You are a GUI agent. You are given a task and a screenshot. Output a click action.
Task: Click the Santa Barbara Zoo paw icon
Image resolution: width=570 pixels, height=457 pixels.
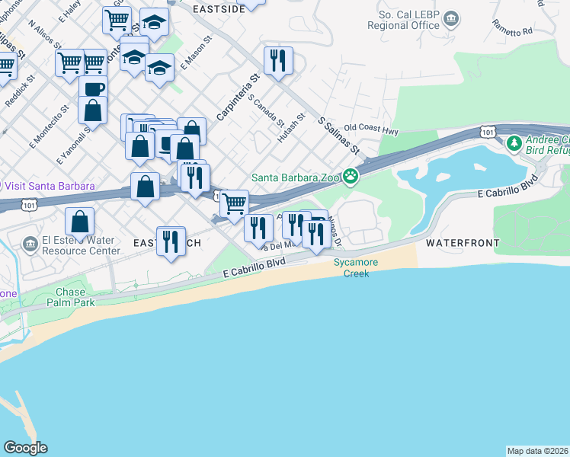[x=351, y=177]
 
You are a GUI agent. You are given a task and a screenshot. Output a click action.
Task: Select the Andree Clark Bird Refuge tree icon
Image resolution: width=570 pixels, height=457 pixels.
[x=514, y=142]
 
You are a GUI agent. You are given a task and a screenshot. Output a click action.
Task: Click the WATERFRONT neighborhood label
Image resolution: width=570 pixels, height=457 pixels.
[x=462, y=243]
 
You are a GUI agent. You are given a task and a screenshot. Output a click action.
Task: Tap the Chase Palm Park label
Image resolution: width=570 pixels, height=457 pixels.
[x=75, y=297]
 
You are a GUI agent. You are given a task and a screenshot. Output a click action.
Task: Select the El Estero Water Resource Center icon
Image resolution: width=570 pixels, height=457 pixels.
[x=30, y=244]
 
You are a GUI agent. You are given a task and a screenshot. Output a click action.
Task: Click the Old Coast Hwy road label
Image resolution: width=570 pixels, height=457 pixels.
[x=371, y=130]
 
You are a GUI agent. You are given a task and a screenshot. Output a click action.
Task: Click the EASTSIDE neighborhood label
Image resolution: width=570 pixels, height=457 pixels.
[x=219, y=9]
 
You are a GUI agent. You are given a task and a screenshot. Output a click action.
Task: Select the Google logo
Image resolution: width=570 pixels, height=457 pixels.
[x=25, y=448]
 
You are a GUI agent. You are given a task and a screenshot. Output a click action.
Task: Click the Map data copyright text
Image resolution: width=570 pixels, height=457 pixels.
[x=537, y=451]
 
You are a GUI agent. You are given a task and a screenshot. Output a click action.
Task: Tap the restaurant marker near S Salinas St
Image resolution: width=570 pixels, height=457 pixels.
[x=277, y=59]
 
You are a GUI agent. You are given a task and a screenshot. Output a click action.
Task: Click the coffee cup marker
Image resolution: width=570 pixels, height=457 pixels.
[x=93, y=88]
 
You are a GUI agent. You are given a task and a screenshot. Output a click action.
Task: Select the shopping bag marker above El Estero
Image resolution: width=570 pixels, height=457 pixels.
[x=79, y=222]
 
